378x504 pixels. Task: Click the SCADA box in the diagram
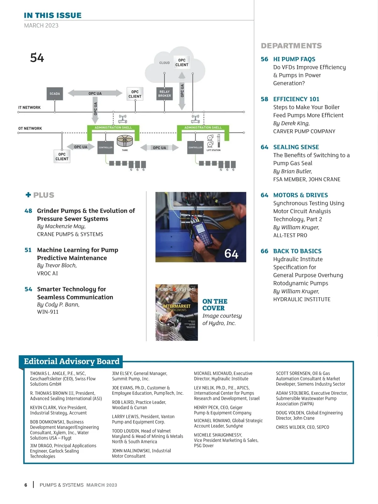coord(54,94)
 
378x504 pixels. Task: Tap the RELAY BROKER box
coord(164,94)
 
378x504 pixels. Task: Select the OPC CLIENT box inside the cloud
coord(182,62)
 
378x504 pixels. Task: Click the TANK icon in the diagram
coord(125,141)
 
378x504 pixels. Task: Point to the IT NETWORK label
coord(29,108)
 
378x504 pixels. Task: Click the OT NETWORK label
coord(30,128)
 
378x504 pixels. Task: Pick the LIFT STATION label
coord(213,150)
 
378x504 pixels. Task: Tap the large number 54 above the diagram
coord(37,58)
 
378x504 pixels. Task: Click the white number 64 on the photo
coord(231,254)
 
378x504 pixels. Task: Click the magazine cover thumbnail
coord(176,312)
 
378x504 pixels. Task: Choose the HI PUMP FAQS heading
coord(294,59)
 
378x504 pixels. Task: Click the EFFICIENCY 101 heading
coord(296,99)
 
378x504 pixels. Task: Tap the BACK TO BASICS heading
coord(297,251)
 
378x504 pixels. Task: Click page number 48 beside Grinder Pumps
coord(28,211)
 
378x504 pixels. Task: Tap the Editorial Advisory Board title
coord(72,361)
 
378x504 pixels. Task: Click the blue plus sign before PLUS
coord(28,195)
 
